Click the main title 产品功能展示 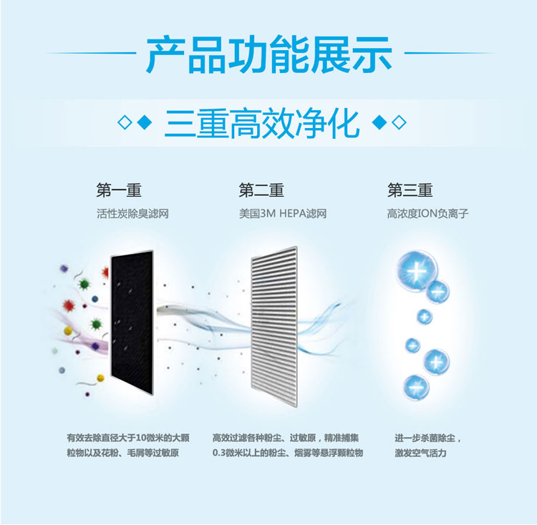[268, 54]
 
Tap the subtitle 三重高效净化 [262, 122]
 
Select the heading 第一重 [119, 190]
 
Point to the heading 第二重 [261, 190]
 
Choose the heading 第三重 [410, 190]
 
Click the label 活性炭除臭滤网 [132, 214]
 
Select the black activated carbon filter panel [132, 322]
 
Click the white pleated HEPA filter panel [274, 327]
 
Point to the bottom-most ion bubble [416, 387]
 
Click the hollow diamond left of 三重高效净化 [125, 122]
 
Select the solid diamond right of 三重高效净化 [379, 122]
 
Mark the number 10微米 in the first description [150, 438]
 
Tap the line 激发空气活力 [420, 453]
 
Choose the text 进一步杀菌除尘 [425, 438]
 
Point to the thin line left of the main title [92, 53]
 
